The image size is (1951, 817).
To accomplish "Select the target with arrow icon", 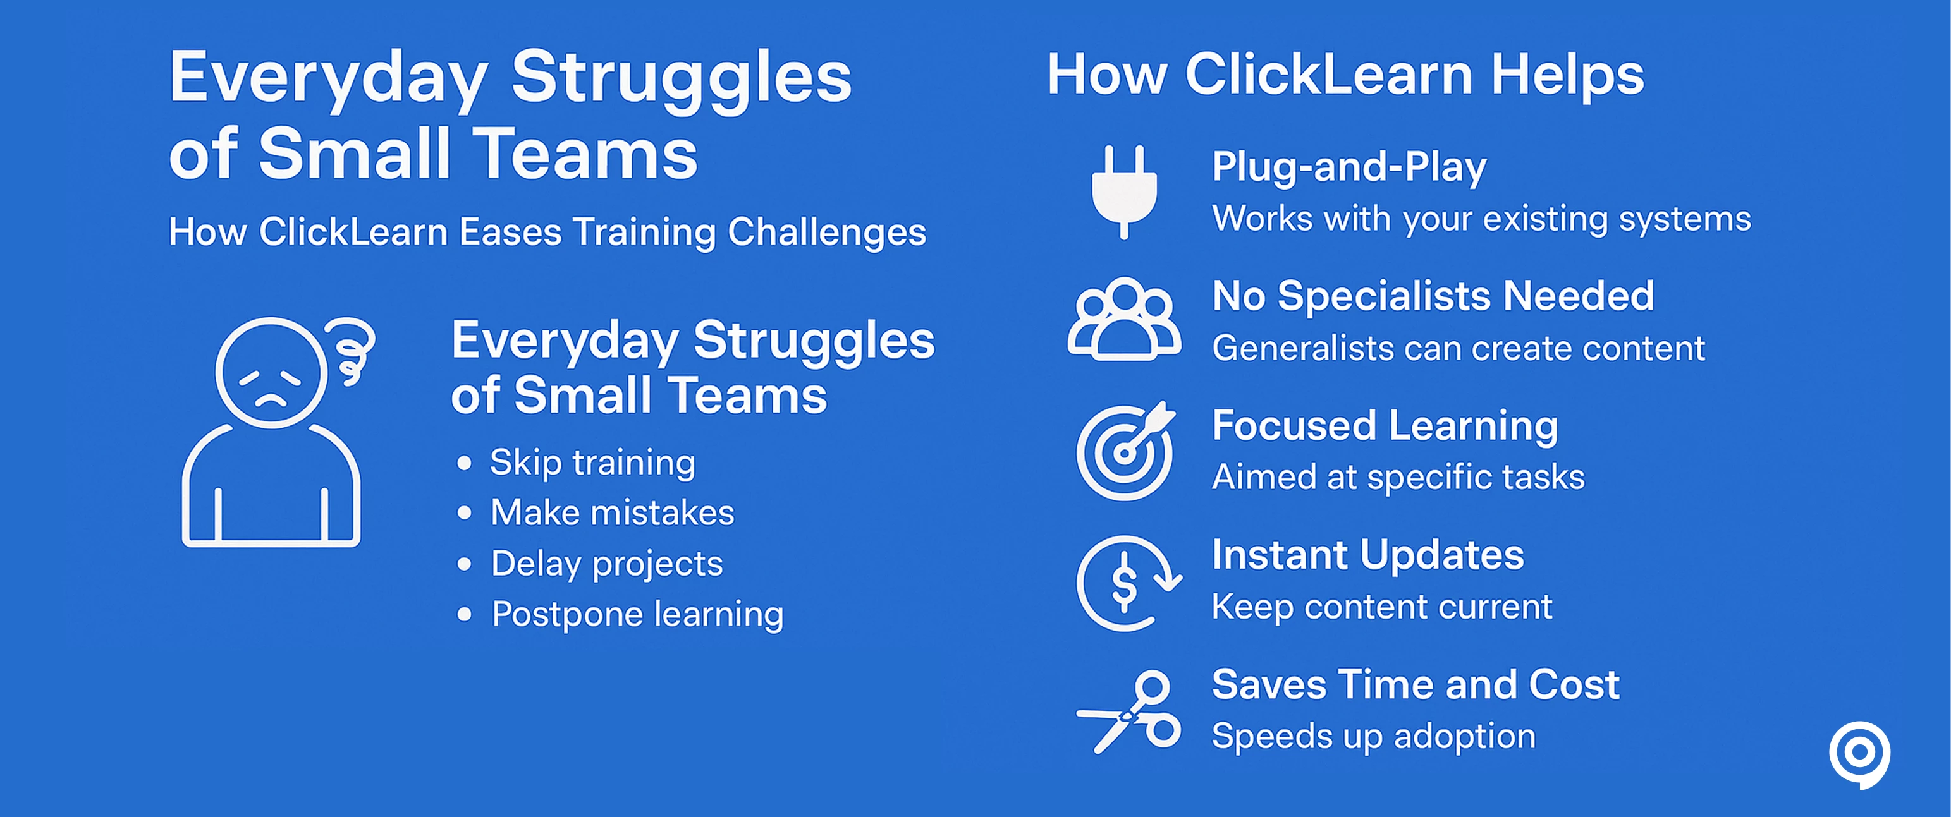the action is (1125, 451).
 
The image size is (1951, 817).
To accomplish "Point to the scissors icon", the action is (1128, 711).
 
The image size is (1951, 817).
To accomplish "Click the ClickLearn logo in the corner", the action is (1859, 755).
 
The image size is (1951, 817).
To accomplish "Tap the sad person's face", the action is (271, 373).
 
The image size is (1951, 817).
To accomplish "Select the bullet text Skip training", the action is (592, 463).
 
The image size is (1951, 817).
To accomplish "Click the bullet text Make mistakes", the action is (612, 512).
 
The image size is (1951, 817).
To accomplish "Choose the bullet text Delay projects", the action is (607, 564).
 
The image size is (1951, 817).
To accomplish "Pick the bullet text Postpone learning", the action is (638, 615).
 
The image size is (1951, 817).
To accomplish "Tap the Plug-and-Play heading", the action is (1349, 167).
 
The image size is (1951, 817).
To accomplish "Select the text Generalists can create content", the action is (1459, 348).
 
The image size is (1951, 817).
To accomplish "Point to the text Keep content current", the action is (1382, 607).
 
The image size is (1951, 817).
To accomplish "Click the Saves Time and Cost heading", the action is (1416, 684).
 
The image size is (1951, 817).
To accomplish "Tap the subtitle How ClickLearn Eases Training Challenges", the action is (547, 232).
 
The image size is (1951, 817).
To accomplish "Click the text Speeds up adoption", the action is (1374, 737).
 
